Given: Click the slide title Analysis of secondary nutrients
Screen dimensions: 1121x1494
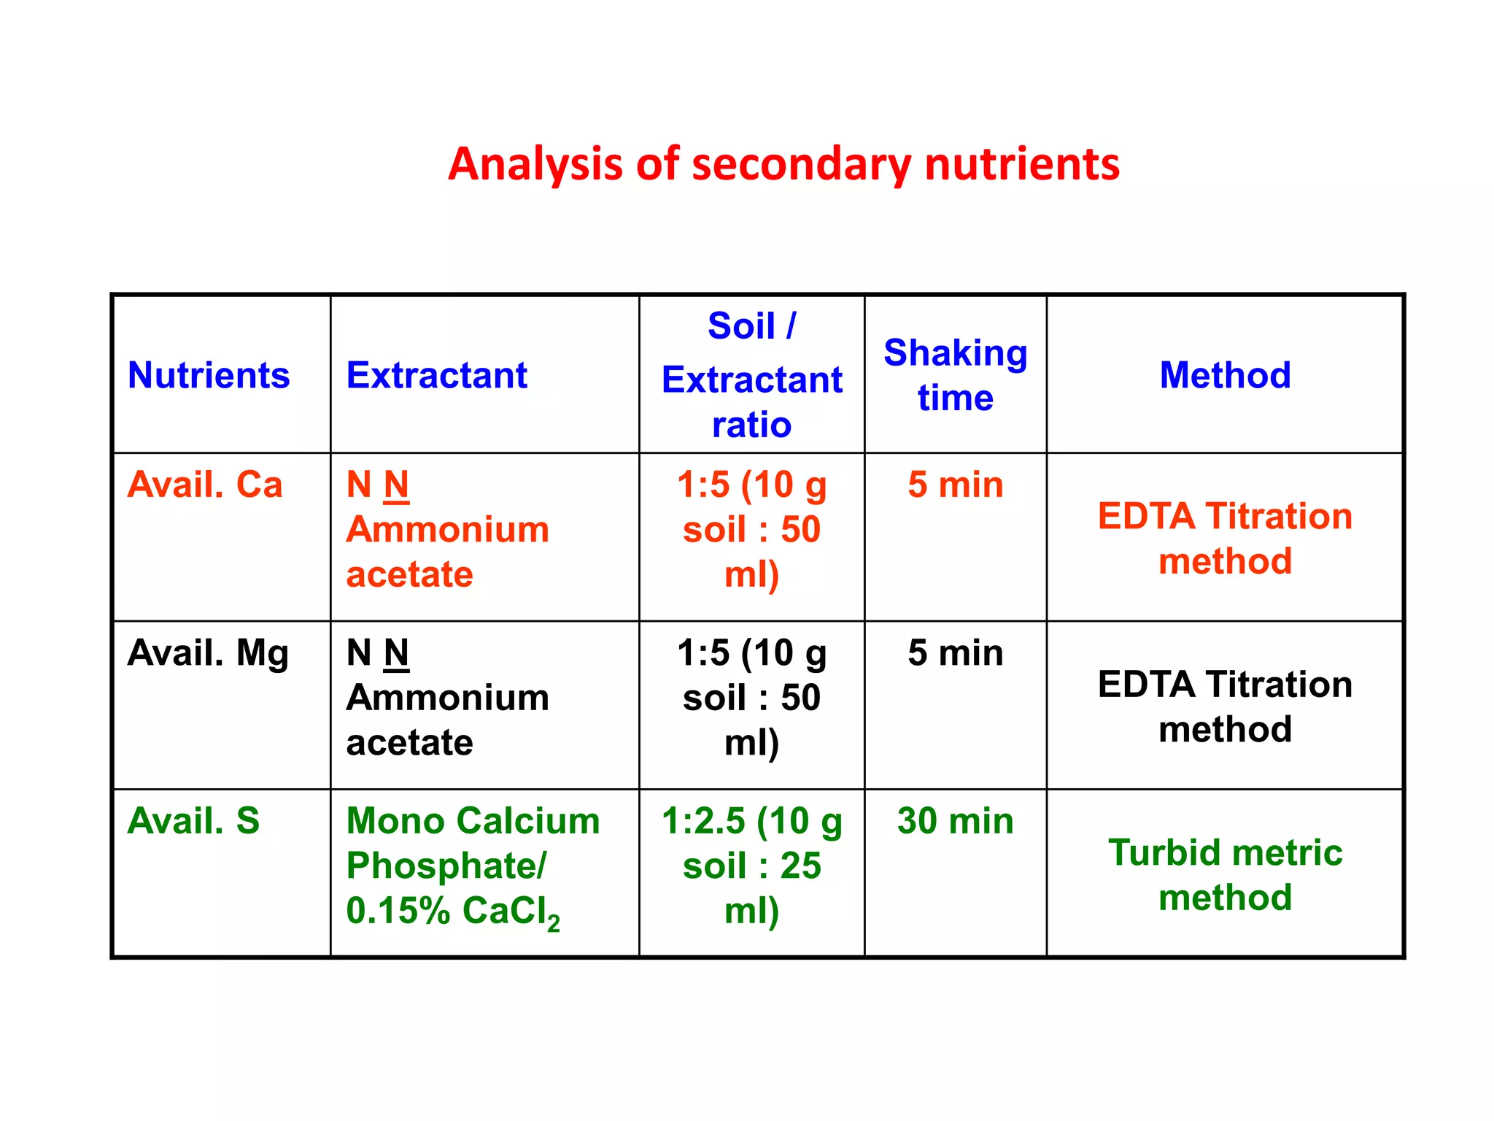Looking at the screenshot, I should point(783,164).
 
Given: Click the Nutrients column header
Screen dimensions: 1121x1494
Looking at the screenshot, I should point(209,375).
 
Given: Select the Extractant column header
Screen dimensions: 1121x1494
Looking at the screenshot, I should point(436,375).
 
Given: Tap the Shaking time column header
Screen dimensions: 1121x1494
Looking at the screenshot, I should point(955,375).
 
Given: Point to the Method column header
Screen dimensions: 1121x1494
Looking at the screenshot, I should point(1225,375).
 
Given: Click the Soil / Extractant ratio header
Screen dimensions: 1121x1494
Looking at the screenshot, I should point(751,375).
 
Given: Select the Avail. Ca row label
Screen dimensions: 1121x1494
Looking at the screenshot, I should point(205,485).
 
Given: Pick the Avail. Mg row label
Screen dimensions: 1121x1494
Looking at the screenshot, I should point(208,653).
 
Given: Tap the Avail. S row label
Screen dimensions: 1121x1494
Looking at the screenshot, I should point(193,821).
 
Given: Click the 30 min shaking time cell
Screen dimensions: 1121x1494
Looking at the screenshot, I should point(955,821).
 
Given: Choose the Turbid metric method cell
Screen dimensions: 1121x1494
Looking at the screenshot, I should point(1225,874).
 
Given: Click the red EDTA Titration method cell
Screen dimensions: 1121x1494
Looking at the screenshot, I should point(1225,538).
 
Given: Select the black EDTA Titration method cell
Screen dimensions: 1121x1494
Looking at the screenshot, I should point(1225,706).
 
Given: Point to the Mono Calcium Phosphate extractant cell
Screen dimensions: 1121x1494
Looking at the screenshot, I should point(473,866).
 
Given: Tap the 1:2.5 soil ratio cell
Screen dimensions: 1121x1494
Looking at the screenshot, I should point(751,866).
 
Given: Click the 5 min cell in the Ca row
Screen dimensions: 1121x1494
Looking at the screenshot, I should point(955,485).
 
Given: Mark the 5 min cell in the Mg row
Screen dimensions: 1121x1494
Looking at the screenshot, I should point(955,653).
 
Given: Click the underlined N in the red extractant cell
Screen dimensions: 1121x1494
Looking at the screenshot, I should point(396,485).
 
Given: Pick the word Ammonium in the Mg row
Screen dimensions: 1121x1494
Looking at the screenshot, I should point(447,698).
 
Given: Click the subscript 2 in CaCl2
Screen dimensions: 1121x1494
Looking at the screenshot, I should point(554,922).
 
